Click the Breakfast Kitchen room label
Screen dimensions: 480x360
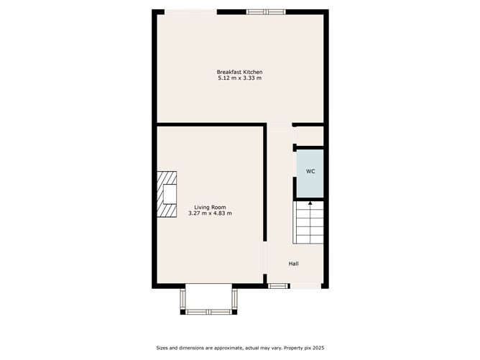click(x=239, y=72)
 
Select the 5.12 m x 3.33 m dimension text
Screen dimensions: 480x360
click(x=240, y=78)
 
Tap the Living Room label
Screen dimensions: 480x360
click(x=210, y=207)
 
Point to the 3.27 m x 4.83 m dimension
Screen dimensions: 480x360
click(x=210, y=213)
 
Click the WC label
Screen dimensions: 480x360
click(x=310, y=172)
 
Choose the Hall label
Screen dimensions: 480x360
click(x=294, y=264)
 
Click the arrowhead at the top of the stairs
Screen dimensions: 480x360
click(x=310, y=203)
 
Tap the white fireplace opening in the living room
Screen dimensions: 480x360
click(x=170, y=194)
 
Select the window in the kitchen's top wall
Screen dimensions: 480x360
click(x=266, y=12)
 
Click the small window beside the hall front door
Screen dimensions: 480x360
click(x=278, y=286)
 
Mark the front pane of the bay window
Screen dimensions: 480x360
click(x=209, y=312)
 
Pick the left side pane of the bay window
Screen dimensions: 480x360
click(x=183, y=299)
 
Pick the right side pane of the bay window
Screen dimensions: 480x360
click(x=234, y=299)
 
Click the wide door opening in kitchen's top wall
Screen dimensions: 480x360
click(x=190, y=12)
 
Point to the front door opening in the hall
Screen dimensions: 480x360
click(x=306, y=286)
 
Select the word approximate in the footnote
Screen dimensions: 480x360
click(x=228, y=348)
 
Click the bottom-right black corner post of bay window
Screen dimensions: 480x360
click(x=234, y=312)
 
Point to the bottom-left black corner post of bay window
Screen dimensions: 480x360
click(x=183, y=312)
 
